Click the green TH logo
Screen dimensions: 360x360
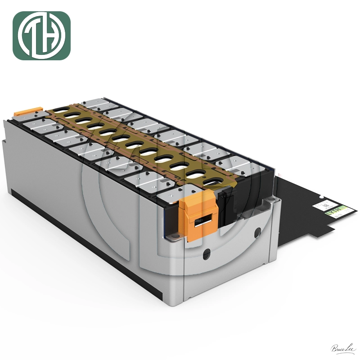pos(41,36)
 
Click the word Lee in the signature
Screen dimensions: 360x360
pos(350,348)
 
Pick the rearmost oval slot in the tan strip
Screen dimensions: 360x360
pos(71,115)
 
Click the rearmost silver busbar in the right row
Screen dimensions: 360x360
pos(94,103)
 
